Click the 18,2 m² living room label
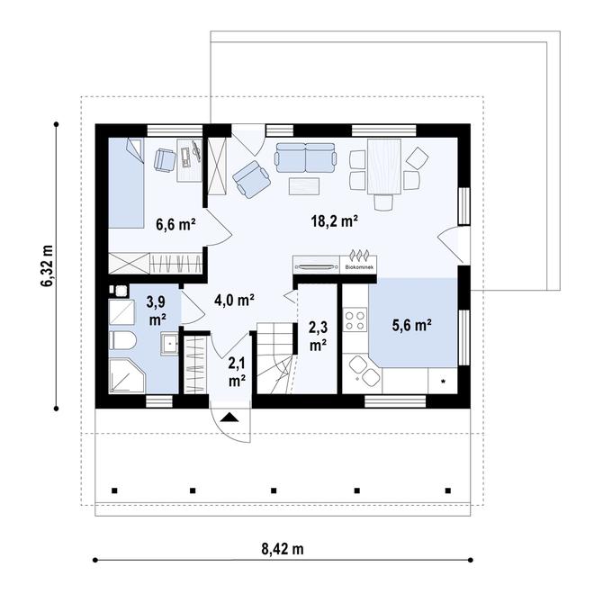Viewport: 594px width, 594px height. click(335, 220)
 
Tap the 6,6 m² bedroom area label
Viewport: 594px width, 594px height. click(176, 225)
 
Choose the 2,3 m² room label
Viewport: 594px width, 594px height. click(317, 336)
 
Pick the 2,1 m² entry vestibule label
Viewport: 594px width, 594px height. click(237, 372)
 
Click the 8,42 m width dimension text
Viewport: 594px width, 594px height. click(283, 548)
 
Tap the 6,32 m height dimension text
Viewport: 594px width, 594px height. click(47, 266)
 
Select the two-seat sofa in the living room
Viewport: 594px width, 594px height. click(304, 157)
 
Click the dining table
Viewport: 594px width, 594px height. click(382, 166)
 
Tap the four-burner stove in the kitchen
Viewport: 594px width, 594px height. click(355, 321)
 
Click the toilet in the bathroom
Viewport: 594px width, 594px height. click(121, 341)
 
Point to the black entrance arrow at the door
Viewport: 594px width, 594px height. click(229, 418)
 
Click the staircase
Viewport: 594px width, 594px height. click(275, 360)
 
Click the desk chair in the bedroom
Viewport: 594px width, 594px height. click(165, 159)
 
